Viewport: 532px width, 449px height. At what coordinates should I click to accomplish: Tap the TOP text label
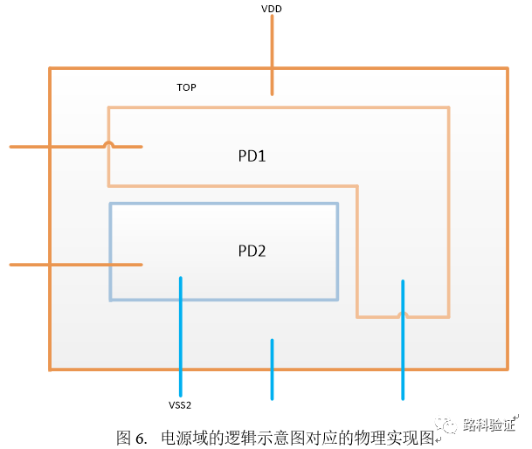[186, 88]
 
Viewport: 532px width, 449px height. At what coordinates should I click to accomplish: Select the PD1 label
[252, 157]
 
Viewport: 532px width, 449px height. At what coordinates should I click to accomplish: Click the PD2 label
[252, 251]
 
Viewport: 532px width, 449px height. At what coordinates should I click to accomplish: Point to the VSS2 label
[180, 405]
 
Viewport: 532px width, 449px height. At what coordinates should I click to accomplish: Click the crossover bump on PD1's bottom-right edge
[402, 315]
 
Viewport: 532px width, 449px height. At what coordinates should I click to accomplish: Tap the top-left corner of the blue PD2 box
[110, 204]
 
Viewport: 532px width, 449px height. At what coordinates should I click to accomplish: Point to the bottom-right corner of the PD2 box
[337, 300]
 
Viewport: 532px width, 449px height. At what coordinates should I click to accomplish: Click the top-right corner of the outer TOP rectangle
[508, 68]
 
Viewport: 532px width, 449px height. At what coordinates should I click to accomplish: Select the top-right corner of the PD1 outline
[448, 107]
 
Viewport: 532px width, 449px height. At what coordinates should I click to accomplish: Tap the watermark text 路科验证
[488, 425]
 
